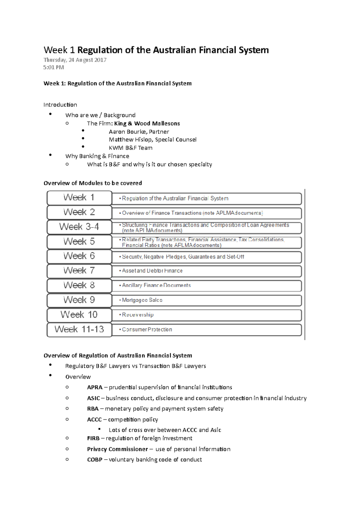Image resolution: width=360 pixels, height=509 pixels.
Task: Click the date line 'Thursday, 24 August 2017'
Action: coord(75,60)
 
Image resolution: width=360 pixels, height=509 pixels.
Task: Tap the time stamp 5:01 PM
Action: coord(53,67)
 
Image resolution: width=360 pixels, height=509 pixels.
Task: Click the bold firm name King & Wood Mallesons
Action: coord(147,124)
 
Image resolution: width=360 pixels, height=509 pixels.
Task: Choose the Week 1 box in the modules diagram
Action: coord(79,198)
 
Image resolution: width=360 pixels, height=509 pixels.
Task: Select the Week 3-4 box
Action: coord(79,227)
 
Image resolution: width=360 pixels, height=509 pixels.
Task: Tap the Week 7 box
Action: coord(79,271)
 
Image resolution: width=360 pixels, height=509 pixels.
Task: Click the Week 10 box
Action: coord(79,315)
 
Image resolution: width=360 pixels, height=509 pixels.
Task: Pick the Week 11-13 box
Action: coord(79,329)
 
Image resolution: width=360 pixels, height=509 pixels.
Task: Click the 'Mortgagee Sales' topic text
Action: coord(142,300)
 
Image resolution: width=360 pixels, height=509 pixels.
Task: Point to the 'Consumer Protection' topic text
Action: coord(147,329)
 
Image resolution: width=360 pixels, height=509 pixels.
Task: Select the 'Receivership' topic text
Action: coord(138,315)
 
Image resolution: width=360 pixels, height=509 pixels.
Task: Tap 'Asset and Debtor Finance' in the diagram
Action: coord(152,271)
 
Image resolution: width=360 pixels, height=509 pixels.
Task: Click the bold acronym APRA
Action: coord(95,388)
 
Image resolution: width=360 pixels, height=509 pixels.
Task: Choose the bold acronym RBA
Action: coord(93,409)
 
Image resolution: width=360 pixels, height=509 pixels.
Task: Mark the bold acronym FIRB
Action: coord(93,439)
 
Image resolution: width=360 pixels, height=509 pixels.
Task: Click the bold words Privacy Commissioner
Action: coord(117,449)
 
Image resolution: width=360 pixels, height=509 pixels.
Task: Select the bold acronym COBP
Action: coord(95,460)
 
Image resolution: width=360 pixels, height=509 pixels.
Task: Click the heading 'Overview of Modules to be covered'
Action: coord(93,183)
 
